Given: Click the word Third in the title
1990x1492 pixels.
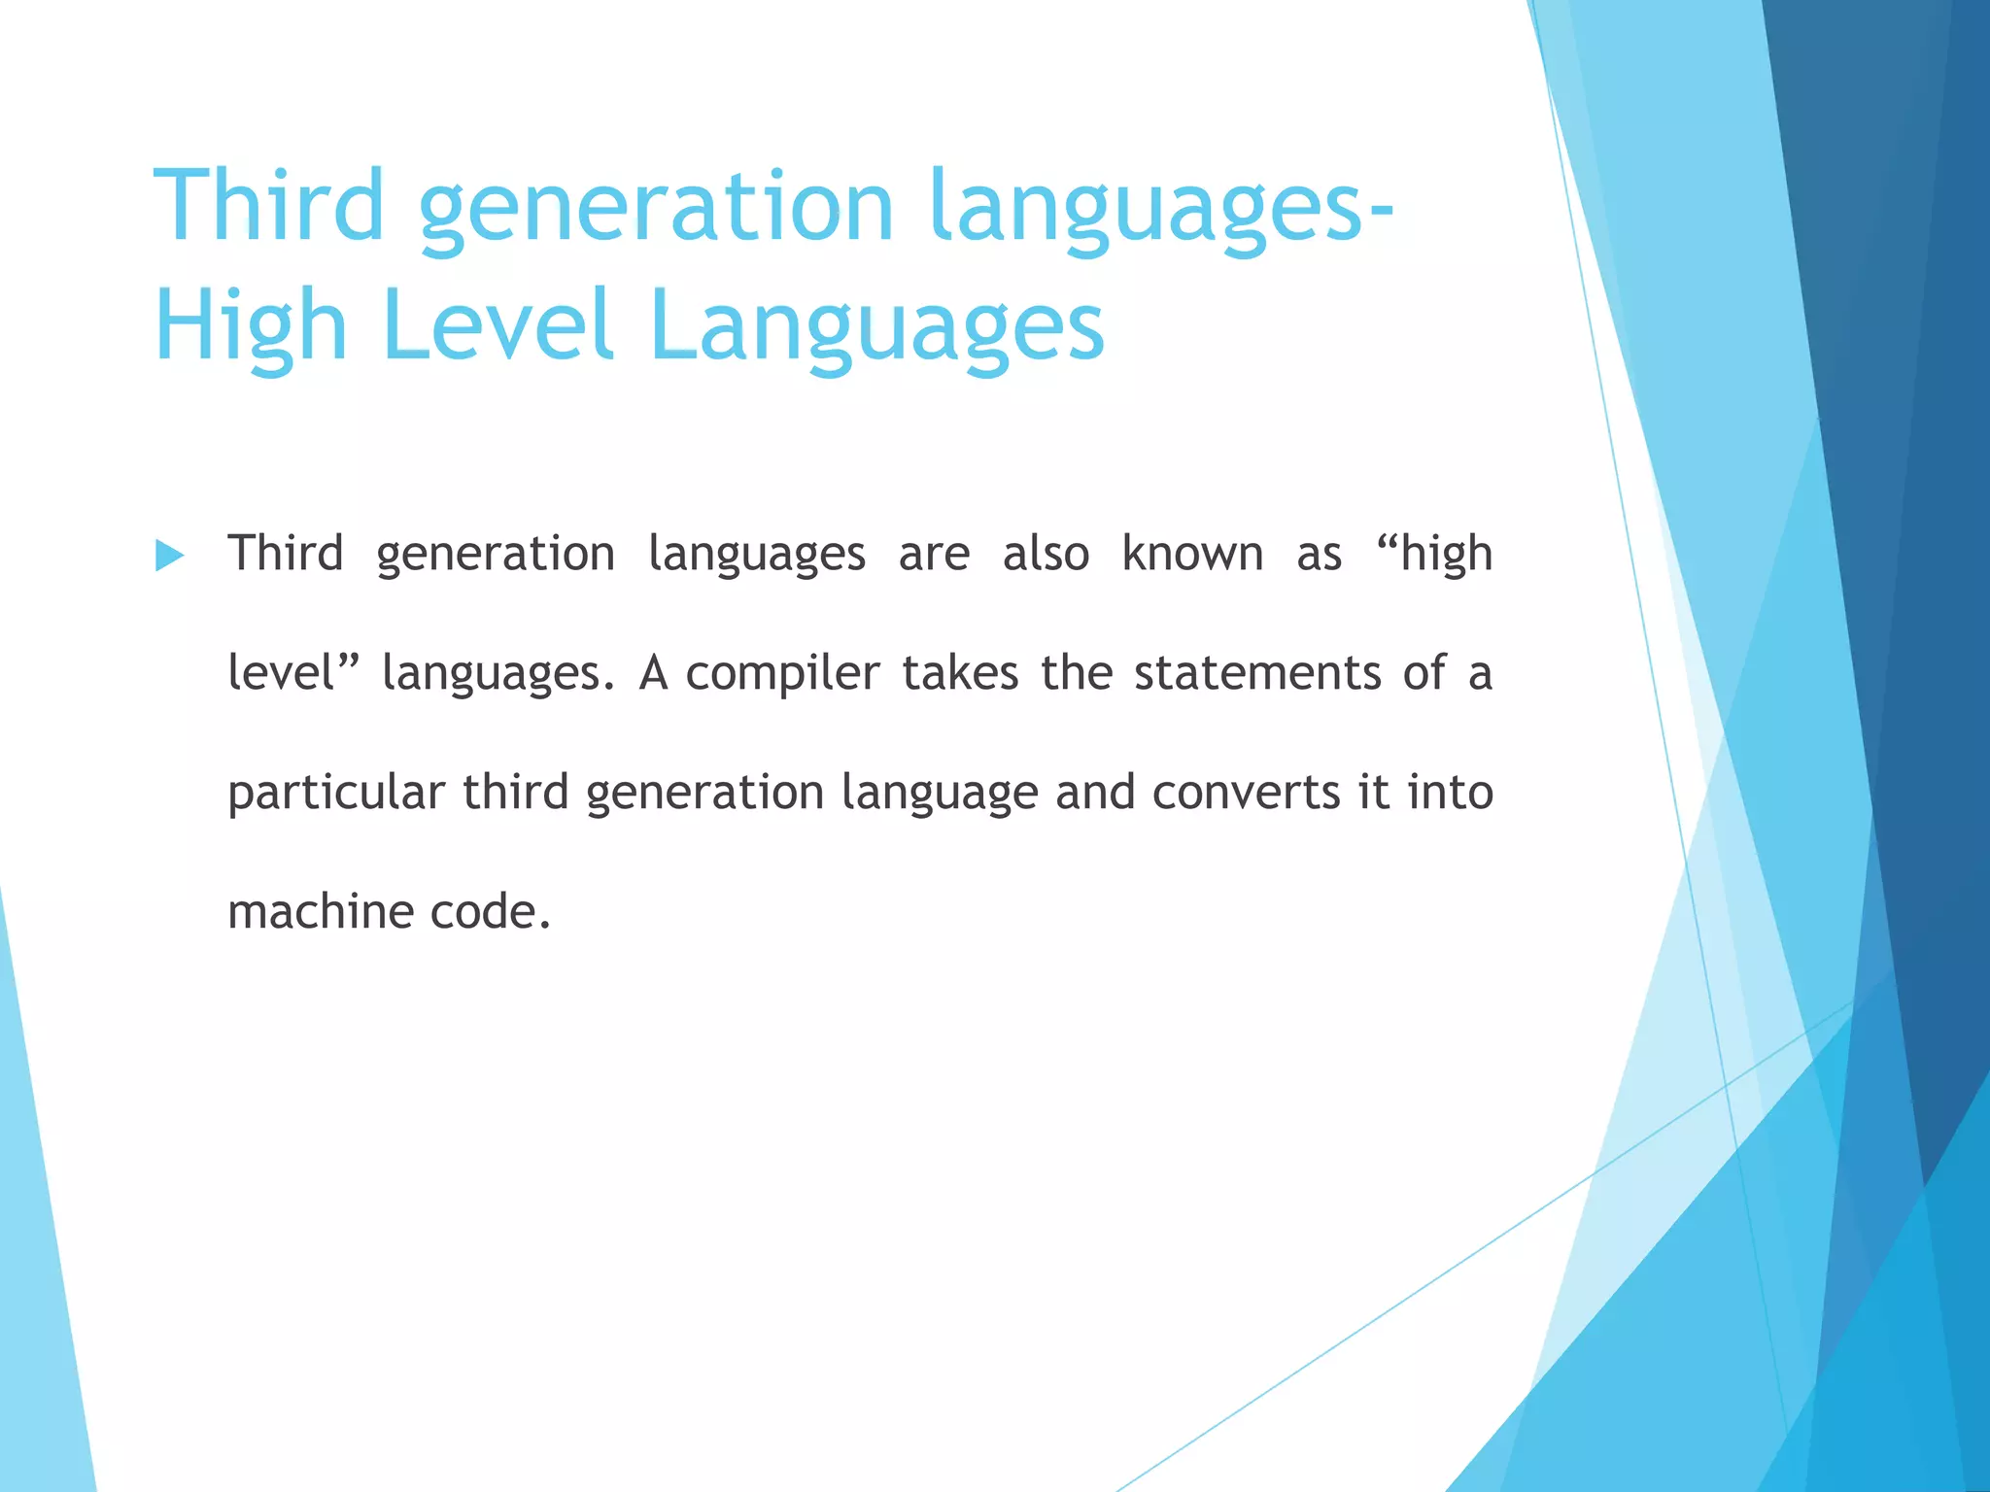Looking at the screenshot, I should [269, 206].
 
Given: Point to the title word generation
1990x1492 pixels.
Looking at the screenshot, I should [656, 206].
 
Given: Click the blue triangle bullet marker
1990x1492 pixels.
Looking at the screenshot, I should [170, 557].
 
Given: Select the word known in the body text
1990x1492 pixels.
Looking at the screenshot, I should [1192, 555].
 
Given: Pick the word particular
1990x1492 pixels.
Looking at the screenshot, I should [336, 793].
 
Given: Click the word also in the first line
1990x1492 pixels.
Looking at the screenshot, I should [1046, 555].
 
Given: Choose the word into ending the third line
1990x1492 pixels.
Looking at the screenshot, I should [1450, 793].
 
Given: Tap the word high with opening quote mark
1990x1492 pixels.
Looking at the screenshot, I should [1435, 555].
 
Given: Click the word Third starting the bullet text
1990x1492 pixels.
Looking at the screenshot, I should [286, 555].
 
